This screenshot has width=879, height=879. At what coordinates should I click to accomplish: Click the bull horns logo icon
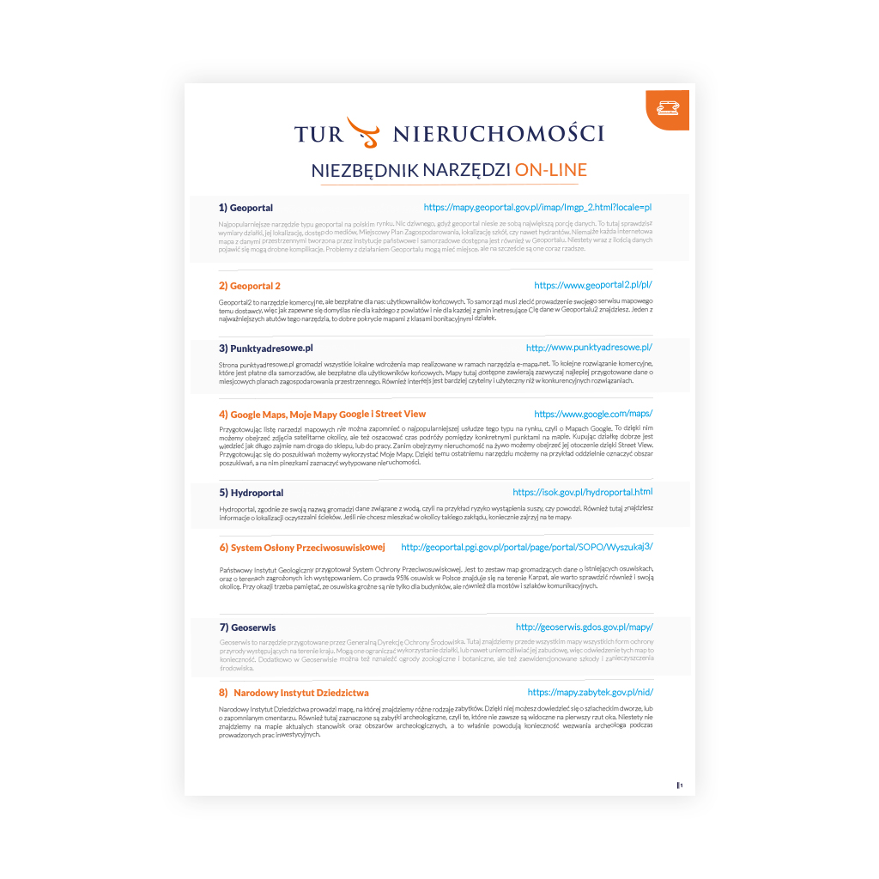click(361, 130)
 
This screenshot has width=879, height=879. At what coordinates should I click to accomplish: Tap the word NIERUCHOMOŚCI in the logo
click(498, 134)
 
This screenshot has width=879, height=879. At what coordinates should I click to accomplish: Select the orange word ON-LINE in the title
click(550, 170)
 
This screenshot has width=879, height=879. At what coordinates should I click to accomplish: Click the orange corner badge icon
click(666, 107)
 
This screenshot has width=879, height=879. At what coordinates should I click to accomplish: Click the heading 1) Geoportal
click(246, 208)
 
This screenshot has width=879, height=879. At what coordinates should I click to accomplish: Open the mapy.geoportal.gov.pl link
click(537, 208)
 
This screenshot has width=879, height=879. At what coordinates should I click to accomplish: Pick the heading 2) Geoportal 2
click(249, 286)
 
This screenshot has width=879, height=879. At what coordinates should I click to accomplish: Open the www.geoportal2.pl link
click(597, 285)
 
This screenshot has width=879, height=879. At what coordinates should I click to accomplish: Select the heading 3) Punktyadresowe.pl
click(265, 348)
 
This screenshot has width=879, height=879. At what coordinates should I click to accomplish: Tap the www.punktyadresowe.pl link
click(589, 348)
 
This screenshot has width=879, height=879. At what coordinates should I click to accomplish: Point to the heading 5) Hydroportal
click(251, 493)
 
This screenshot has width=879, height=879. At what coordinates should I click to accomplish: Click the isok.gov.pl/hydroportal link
click(582, 492)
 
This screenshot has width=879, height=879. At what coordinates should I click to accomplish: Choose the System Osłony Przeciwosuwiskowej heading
click(301, 547)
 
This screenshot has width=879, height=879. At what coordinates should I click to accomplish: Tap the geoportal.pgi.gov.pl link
click(527, 547)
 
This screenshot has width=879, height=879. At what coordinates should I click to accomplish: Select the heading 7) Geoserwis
click(247, 627)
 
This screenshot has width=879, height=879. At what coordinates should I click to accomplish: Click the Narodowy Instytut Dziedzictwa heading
click(294, 692)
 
